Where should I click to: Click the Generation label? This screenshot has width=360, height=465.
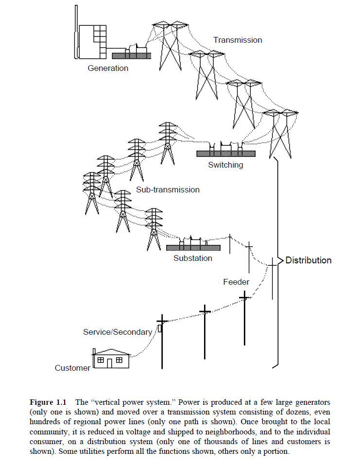coord(108,69)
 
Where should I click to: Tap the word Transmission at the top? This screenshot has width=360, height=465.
coord(238,40)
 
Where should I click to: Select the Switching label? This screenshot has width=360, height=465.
coord(225,165)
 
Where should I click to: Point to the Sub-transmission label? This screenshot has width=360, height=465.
coord(168,189)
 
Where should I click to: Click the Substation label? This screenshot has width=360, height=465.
coord(193,258)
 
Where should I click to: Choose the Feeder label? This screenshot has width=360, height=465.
coord(236,282)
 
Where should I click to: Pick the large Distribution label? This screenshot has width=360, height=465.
coord(308,260)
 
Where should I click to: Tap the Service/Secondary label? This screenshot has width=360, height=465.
coord(118,332)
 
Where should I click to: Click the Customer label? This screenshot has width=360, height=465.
coord(72,368)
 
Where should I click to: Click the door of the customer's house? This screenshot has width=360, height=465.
coord(110,363)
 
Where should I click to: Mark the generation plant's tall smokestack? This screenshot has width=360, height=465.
coord(76,34)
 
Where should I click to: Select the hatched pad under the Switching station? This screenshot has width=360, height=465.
coord(225,154)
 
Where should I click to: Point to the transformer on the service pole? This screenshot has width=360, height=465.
coord(159,329)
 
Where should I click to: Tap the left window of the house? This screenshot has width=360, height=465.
coord(101,360)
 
